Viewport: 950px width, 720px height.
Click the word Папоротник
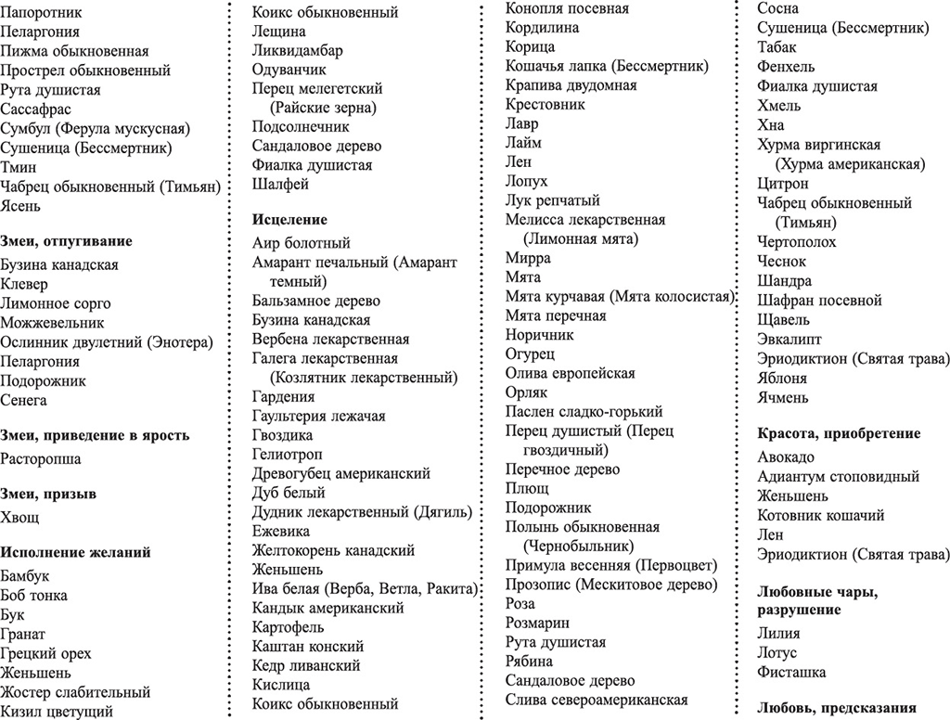[41, 13]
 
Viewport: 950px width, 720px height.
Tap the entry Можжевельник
[52, 323]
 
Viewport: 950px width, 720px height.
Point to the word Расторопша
[41, 459]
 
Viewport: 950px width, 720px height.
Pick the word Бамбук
[26, 576]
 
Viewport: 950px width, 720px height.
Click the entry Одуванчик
[289, 70]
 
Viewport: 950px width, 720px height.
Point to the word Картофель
[289, 627]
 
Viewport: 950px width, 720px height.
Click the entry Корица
[531, 47]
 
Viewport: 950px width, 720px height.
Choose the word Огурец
[531, 354]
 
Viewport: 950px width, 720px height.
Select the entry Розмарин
[537, 623]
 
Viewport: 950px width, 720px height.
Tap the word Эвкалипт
[790, 340]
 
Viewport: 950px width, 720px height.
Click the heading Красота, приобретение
[839, 433]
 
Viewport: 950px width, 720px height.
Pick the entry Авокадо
[786, 457]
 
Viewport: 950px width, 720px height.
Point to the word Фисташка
[791, 672]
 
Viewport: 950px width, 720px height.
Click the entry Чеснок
[783, 262]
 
